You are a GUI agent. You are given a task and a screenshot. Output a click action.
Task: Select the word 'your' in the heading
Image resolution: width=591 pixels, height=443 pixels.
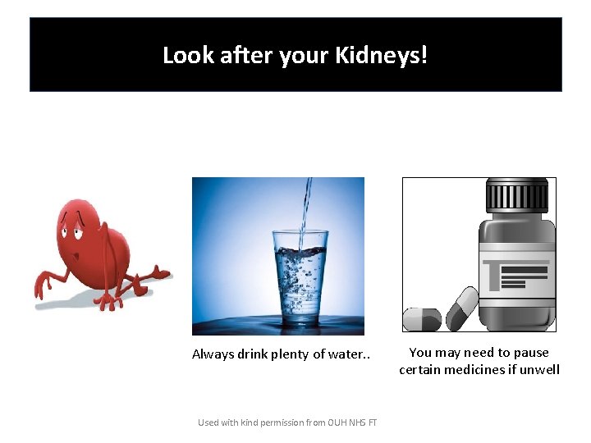click(306, 56)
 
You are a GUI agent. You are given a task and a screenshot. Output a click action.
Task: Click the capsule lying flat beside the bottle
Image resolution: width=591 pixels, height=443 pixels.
click(422, 319)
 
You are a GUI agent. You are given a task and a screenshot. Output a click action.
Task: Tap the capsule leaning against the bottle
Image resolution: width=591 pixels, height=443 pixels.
click(461, 305)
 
